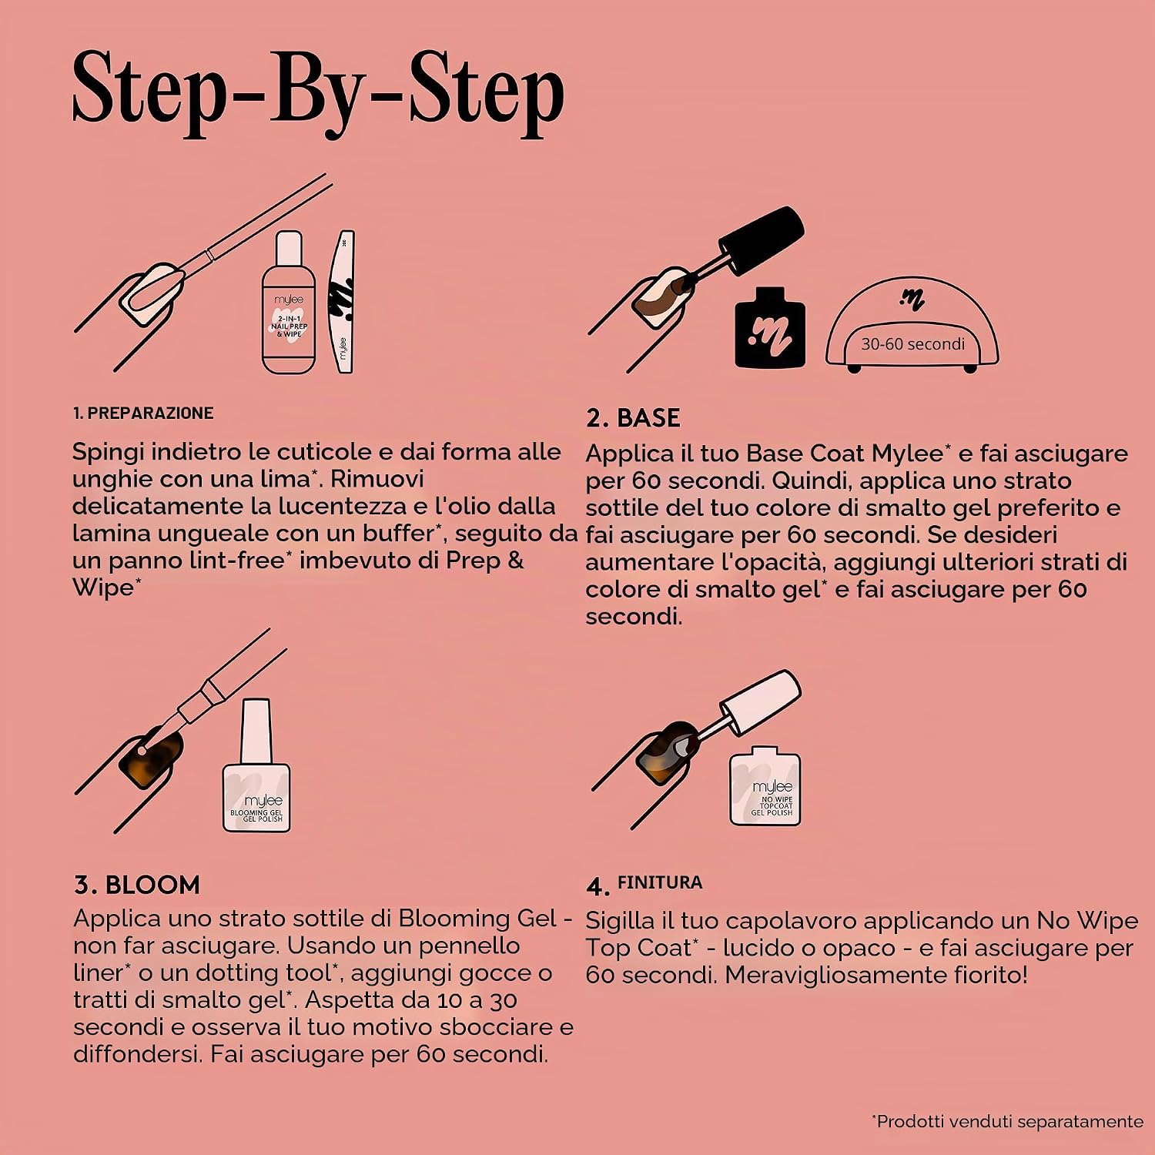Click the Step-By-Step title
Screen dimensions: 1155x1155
click(x=318, y=92)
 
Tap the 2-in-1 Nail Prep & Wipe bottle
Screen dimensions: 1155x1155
click(x=289, y=303)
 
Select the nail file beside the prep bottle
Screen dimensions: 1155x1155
click(x=341, y=301)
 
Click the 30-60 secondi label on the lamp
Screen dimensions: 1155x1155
click(x=912, y=344)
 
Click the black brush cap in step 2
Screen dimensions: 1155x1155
click(x=762, y=239)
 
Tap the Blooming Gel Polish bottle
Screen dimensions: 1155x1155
click(x=256, y=765)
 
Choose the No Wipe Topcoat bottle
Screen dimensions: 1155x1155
click(x=765, y=785)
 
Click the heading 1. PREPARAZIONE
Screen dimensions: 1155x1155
click(x=143, y=413)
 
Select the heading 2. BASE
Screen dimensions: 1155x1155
click(x=633, y=418)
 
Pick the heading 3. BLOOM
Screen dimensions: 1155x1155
click(x=137, y=885)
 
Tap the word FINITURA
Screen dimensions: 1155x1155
click(x=660, y=882)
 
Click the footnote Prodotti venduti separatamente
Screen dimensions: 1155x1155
click(x=1008, y=1121)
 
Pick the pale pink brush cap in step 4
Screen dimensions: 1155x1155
click(x=761, y=701)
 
